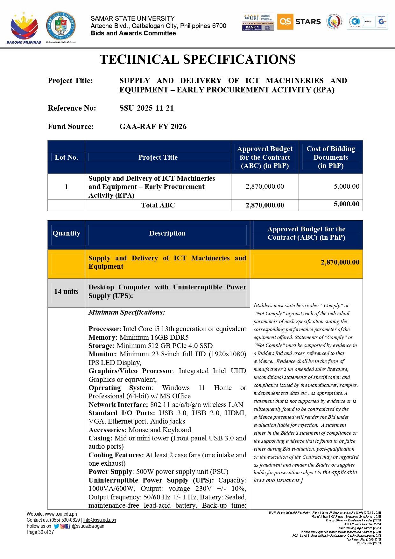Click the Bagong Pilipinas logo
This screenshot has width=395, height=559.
(24, 28)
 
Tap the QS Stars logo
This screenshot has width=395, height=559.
(299, 22)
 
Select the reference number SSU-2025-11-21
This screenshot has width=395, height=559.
(146, 108)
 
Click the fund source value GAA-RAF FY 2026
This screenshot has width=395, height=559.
(153, 127)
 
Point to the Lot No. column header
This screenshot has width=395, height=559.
(66, 157)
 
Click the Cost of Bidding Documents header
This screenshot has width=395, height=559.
(330, 157)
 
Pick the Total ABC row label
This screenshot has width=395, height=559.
(158, 205)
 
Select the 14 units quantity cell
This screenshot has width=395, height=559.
(66, 292)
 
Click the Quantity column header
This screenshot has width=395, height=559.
(66, 233)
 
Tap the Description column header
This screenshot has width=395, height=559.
(167, 233)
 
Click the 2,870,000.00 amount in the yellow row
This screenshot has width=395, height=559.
(340, 262)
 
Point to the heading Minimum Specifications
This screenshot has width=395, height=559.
(127, 312)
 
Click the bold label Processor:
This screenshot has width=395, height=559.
(105, 329)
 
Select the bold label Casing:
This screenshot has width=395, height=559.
(100, 438)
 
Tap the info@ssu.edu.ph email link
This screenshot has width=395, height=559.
(100, 520)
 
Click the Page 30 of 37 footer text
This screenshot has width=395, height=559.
(40, 532)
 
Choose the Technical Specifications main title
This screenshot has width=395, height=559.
(197, 60)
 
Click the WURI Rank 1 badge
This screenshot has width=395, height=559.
(258, 22)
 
